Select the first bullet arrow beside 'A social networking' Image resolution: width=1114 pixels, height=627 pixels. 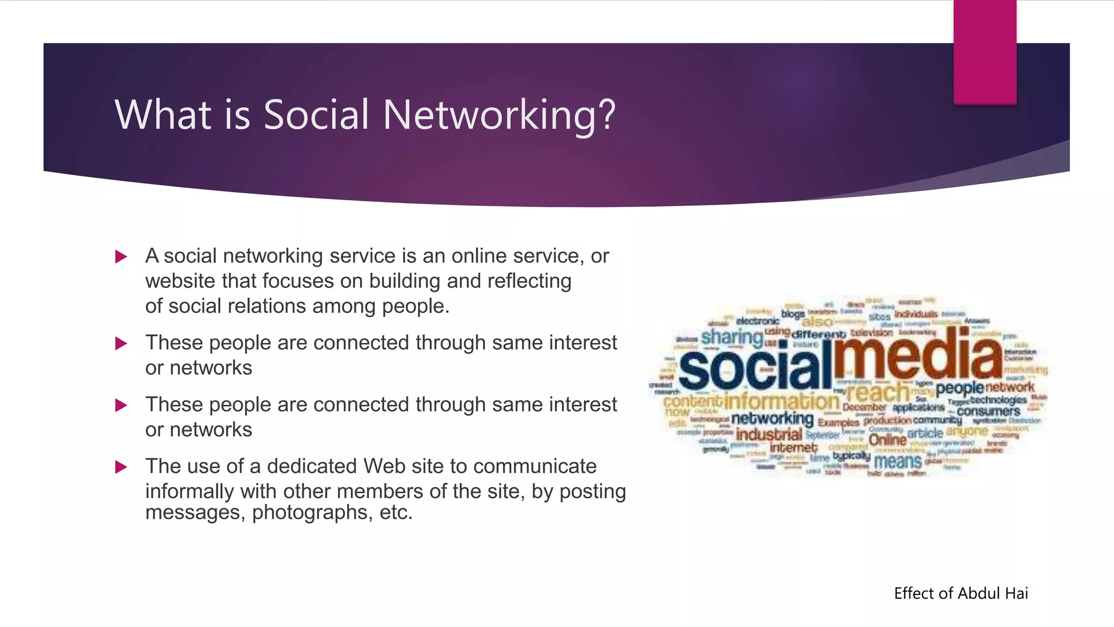tap(121, 257)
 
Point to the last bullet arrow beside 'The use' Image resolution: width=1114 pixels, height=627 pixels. tap(121, 467)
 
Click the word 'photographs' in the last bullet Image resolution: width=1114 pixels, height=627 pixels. tap(310, 512)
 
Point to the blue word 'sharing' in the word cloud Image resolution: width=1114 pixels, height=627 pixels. tap(732, 337)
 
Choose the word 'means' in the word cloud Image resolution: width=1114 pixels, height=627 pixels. tap(898, 462)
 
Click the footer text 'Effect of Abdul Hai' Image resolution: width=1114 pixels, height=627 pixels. tap(961, 593)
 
